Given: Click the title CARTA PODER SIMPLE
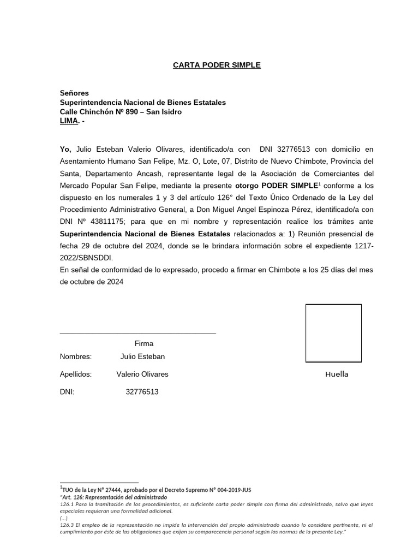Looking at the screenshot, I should [x=217, y=65].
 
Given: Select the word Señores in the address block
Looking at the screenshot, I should [x=74, y=93].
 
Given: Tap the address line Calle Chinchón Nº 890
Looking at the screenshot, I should [x=120, y=112].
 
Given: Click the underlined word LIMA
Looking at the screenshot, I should [x=69, y=121].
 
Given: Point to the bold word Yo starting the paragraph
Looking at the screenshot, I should [x=65, y=148].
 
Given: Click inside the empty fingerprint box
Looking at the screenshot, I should [x=333, y=333].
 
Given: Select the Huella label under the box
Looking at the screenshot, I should [x=337, y=374].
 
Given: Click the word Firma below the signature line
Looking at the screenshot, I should [x=144, y=344].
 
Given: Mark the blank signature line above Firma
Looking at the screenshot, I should [x=137, y=332].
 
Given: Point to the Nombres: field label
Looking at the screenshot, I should [x=76, y=357].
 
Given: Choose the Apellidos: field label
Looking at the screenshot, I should [x=76, y=374].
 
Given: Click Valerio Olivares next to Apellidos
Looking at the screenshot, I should [x=142, y=374].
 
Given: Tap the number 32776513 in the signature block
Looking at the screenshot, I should [x=142, y=392].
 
